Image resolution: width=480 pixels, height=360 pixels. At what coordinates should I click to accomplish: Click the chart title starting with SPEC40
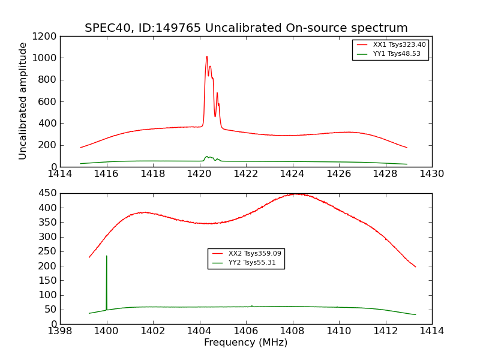(x=246, y=28)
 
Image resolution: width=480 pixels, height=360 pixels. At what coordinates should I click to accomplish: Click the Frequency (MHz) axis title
(x=245, y=343)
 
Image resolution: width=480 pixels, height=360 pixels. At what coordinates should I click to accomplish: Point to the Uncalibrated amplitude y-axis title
(x=23, y=101)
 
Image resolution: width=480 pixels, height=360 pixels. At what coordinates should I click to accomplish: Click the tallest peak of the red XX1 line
(x=207, y=56)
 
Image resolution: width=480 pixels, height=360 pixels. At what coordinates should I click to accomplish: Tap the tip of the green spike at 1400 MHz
(x=107, y=256)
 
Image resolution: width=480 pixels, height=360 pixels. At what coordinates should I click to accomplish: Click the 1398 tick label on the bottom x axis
(x=60, y=331)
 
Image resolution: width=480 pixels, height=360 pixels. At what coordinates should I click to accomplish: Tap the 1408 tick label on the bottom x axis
(x=292, y=331)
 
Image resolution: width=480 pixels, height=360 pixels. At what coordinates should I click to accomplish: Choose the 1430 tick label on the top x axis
(x=431, y=174)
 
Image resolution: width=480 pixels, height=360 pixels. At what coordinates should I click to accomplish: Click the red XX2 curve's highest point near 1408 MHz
(x=296, y=194)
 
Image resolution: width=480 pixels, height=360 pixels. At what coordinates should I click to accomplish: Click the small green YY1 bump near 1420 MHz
(x=207, y=157)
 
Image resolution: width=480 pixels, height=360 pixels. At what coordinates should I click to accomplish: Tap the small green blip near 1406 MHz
(x=252, y=305)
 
